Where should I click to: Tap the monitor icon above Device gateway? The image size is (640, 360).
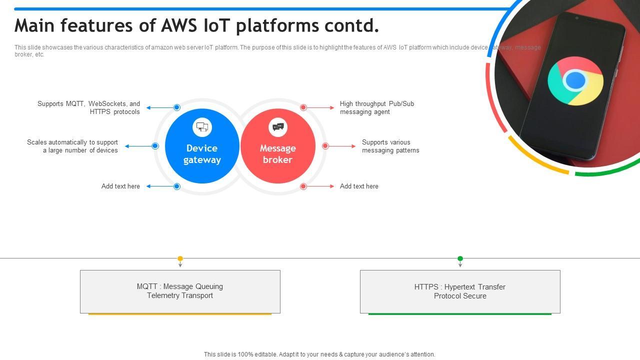point(202,127)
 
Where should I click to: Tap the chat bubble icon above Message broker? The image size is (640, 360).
point(278,127)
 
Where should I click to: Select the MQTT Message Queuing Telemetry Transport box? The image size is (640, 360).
point(180,291)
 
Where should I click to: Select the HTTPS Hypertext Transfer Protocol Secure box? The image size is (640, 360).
point(460,291)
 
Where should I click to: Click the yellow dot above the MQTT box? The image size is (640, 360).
point(180,258)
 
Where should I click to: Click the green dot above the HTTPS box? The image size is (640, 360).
point(460,258)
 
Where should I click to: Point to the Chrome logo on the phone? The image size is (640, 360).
point(575,80)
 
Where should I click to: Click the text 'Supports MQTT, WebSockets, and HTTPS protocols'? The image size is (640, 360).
point(89,107)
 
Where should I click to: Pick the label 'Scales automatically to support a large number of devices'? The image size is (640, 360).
point(73,146)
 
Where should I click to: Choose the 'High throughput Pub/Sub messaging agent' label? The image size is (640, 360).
point(377,107)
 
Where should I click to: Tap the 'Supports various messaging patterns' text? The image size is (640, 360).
point(390,146)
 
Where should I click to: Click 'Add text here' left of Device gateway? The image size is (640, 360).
point(120,186)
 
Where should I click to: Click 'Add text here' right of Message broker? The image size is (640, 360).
point(359,186)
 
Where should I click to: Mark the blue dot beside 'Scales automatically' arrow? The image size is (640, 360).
point(155,146)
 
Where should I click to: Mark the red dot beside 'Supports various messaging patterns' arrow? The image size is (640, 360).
point(325,146)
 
